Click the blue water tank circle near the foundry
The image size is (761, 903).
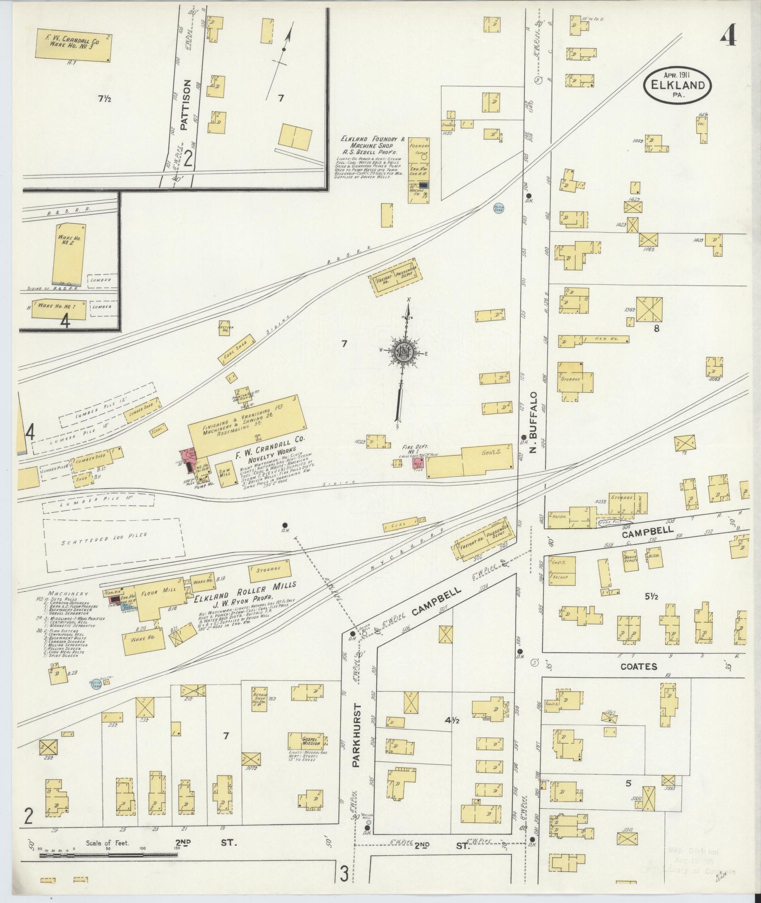[498, 207]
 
